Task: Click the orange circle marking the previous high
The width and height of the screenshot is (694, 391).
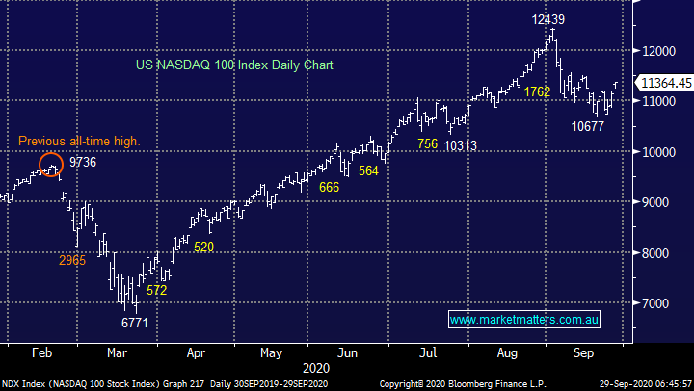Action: (52, 166)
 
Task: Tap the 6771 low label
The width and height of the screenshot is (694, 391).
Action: (135, 323)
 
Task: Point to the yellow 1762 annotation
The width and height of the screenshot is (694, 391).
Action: (538, 92)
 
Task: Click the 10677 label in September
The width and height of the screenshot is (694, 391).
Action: (589, 125)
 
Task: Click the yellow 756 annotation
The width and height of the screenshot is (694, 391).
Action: (428, 144)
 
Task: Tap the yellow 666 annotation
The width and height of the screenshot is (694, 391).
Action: (329, 187)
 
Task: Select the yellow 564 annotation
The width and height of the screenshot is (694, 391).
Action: (369, 170)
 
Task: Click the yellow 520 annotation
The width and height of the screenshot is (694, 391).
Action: (203, 248)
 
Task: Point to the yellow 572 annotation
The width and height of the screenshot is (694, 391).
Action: (156, 290)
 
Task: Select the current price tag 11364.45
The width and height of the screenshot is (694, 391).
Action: (666, 84)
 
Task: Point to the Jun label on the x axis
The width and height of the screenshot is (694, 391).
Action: (347, 352)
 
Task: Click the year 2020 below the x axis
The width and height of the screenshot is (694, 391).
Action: (315, 368)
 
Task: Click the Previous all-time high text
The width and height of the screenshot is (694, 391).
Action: (79, 142)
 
